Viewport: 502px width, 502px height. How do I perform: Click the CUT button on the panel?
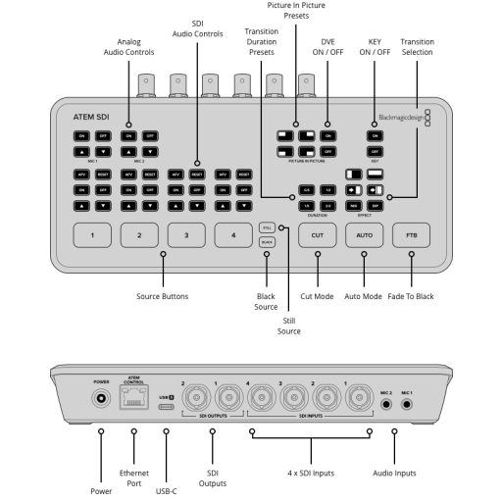pyautogui.click(x=317, y=236)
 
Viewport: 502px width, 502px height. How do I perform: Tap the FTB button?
pyautogui.click(x=412, y=236)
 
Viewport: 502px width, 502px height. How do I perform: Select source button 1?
pyautogui.click(x=92, y=236)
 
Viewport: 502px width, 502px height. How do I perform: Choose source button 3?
pyautogui.click(x=186, y=236)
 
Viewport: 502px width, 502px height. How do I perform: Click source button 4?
pyautogui.click(x=233, y=236)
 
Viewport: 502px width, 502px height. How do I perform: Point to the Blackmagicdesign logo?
pyautogui.click(x=405, y=115)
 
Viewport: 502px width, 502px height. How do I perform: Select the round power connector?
pyautogui.click(x=100, y=399)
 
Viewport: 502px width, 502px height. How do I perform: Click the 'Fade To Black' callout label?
pyautogui.click(x=412, y=296)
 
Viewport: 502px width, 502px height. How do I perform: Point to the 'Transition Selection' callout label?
pyautogui.click(x=417, y=48)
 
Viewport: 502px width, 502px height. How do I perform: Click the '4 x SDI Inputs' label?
pyautogui.click(x=312, y=473)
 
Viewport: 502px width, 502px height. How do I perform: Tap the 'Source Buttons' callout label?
pyautogui.click(x=164, y=296)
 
